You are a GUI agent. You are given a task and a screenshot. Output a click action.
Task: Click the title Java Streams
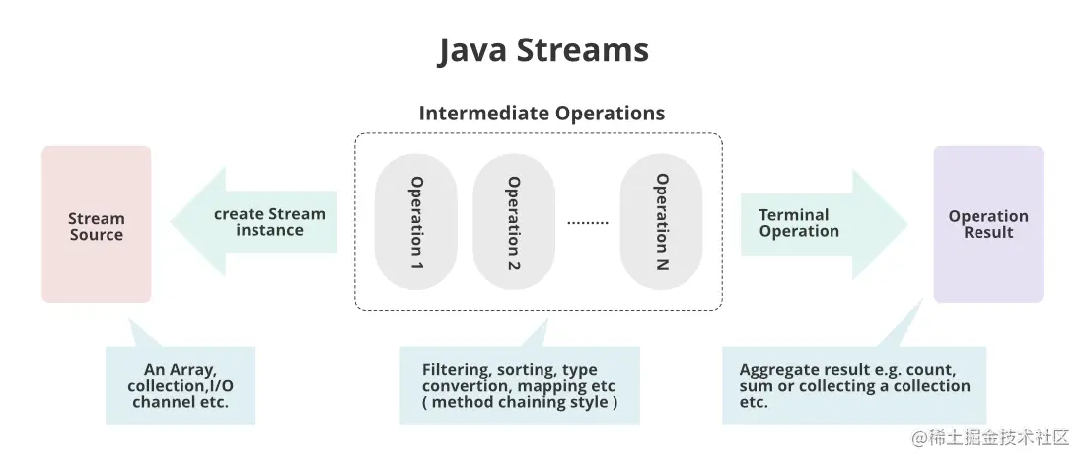tap(543, 50)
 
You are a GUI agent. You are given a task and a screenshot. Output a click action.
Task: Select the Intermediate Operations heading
tap(542, 113)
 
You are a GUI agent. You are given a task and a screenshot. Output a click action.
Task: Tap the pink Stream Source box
tap(97, 224)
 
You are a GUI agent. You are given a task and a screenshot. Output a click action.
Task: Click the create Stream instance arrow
tap(253, 222)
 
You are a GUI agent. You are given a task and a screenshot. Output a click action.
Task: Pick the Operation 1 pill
tap(416, 222)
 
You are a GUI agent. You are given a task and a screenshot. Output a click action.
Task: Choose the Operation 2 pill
tap(514, 222)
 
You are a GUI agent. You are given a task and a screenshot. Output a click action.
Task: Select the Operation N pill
tap(661, 222)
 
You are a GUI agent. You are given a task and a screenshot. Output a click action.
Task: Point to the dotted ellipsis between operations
tap(588, 223)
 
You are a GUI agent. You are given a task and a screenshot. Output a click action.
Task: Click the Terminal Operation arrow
tap(824, 224)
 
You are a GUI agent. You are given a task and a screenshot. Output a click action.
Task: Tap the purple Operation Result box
tap(988, 224)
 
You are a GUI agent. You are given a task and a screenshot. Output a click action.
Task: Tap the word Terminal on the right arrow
tap(794, 214)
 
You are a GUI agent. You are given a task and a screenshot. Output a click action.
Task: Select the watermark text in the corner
tap(990, 437)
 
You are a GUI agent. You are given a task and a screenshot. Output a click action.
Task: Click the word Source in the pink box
tap(97, 235)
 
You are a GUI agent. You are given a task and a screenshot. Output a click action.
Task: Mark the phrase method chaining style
tap(519, 402)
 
